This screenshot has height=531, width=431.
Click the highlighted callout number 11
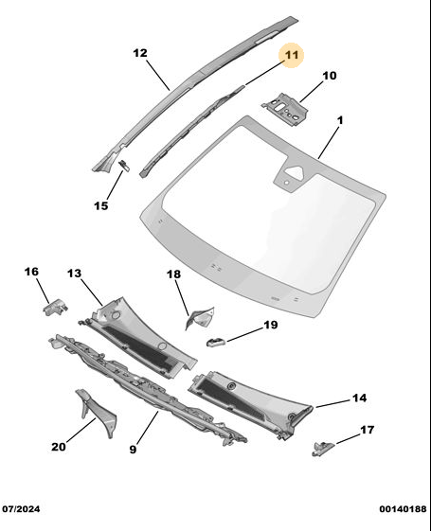pyautogui.click(x=292, y=55)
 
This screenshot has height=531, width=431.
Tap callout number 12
pyautogui.click(x=140, y=53)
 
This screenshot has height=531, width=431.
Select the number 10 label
pyautogui.click(x=330, y=75)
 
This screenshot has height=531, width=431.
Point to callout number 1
pyautogui.click(x=340, y=120)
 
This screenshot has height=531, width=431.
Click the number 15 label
pyautogui.click(x=101, y=205)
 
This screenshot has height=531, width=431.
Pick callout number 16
pyautogui.click(x=31, y=272)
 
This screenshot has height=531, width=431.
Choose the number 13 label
pyautogui.click(x=74, y=273)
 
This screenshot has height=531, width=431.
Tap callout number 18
pyautogui.click(x=173, y=274)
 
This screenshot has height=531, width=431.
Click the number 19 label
pyautogui.click(x=270, y=325)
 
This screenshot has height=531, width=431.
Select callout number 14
pyautogui.click(x=359, y=398)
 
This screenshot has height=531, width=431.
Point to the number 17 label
pyautogui.click(x=367, y=430)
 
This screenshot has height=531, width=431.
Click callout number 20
pyautogui.click(x=59, y=447)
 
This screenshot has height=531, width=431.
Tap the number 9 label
pyautogui.click(x=133, y=449)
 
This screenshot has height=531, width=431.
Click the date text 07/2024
pyautogui.click(x=21, y=509)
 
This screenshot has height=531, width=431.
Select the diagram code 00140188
pyautogui.click(x=403, y=509)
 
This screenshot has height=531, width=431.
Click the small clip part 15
pyautogui.click(x=124, y=166)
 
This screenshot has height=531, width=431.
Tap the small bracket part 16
pyautogui.click(x=55, y=307)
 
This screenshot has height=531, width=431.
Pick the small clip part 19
pyautogui.click(x=216, y=342)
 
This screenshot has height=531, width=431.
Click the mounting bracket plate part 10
pyautogui.click(x=286, y=108)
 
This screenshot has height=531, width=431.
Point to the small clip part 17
pyautogui.click(x=323, y=448)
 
